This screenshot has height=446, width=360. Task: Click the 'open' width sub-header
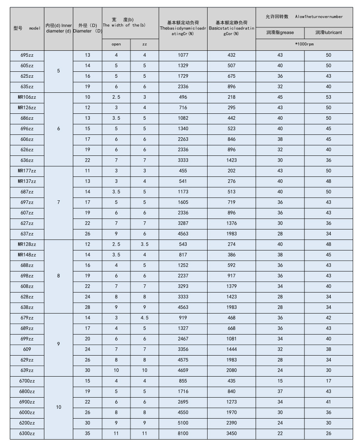[x=116, y=44]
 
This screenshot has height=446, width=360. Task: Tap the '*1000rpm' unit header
[x=304, y=44]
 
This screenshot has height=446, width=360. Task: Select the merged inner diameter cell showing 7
[x=59, y=202]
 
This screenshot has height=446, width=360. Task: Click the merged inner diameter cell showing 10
[x=59, y=406]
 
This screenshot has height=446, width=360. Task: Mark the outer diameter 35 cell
[x=88, y=433]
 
